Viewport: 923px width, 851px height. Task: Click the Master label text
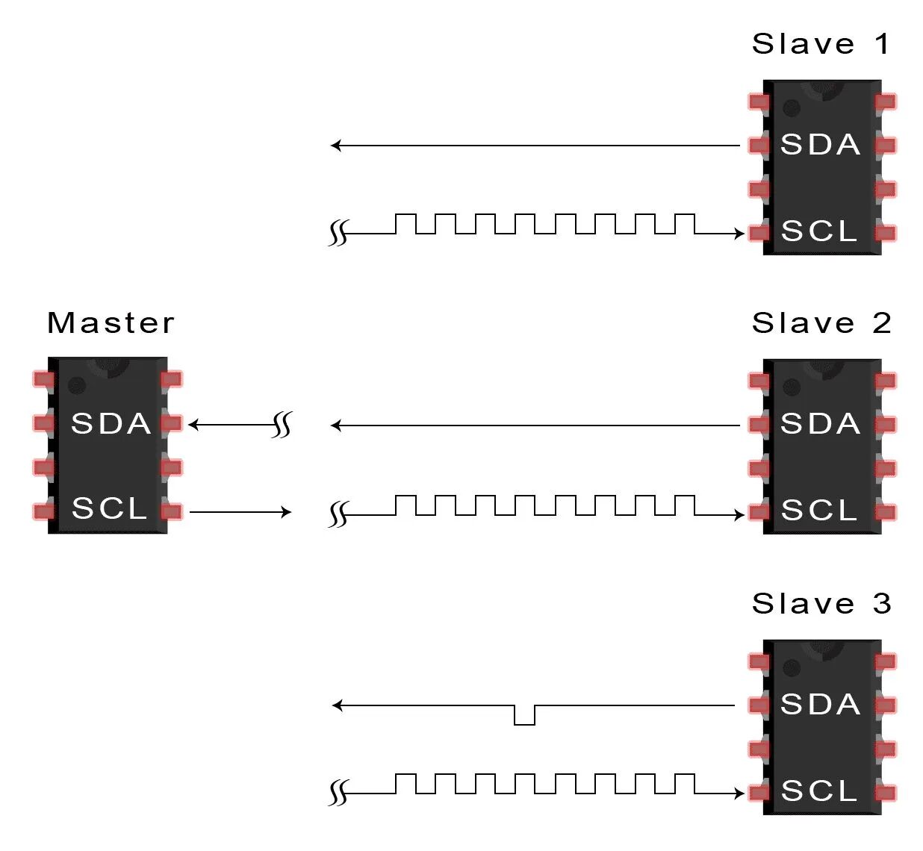111,323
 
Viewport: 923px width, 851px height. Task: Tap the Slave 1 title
821,44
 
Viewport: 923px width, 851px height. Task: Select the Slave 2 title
821,323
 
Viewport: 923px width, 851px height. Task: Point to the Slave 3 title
821,603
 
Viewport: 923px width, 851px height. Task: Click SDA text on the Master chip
111,424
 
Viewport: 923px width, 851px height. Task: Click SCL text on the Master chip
110,508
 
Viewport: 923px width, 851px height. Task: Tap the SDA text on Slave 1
820,145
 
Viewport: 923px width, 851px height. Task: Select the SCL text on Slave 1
819,231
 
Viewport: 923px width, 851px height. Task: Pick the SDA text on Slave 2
820,424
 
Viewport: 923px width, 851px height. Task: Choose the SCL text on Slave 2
819,511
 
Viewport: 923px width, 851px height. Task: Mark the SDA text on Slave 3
820,705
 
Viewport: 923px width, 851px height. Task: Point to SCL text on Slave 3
819,791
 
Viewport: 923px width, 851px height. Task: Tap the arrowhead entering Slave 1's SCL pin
739,234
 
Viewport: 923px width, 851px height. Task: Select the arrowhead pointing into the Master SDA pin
194,425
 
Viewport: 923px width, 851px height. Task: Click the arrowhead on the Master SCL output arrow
285,511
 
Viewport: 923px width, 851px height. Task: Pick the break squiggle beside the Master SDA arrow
282,425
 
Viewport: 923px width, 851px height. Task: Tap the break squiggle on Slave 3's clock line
338,793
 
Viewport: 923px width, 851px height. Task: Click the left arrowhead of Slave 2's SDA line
336,425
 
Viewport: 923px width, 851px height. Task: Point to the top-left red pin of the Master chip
43,379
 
